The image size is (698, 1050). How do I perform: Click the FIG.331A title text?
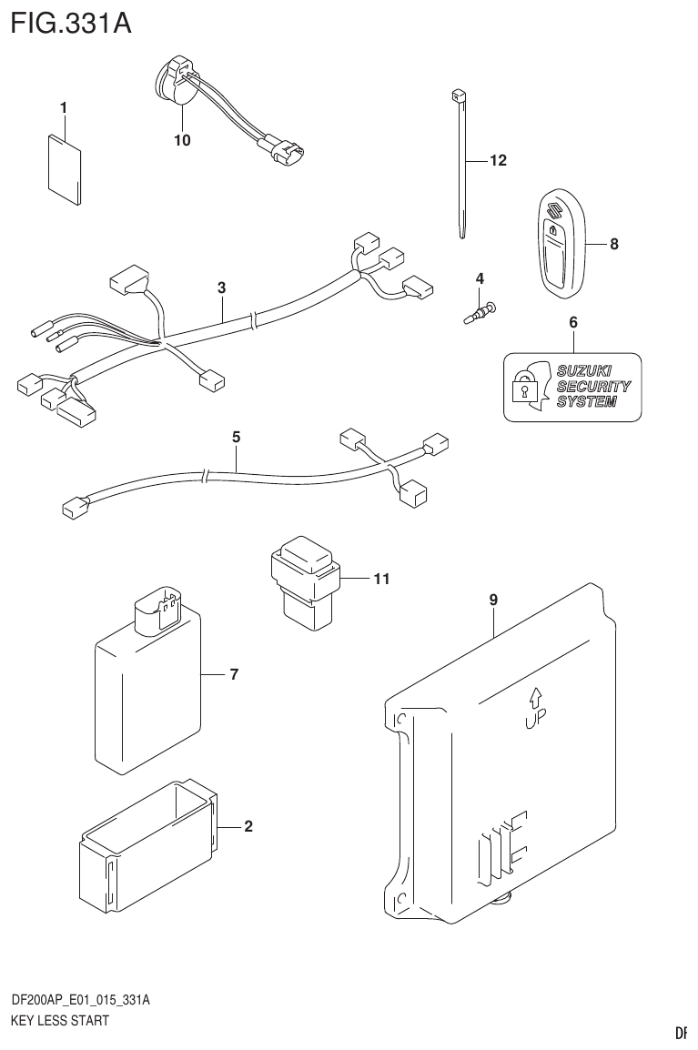pos(70,22)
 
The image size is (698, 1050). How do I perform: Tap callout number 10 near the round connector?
pos(182,140)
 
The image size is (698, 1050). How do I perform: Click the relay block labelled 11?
pos(305,582)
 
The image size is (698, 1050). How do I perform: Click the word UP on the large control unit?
pos(534,724)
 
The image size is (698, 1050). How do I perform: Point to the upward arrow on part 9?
pos(536,698)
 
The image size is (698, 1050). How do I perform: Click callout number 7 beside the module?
pos(233,674)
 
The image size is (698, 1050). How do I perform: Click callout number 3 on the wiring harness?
pos(221,288)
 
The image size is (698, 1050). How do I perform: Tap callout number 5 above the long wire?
pos(236,438)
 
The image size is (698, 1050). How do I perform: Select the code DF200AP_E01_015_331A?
pos(80,1000)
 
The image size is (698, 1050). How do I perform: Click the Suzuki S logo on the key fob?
pos(551,216)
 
